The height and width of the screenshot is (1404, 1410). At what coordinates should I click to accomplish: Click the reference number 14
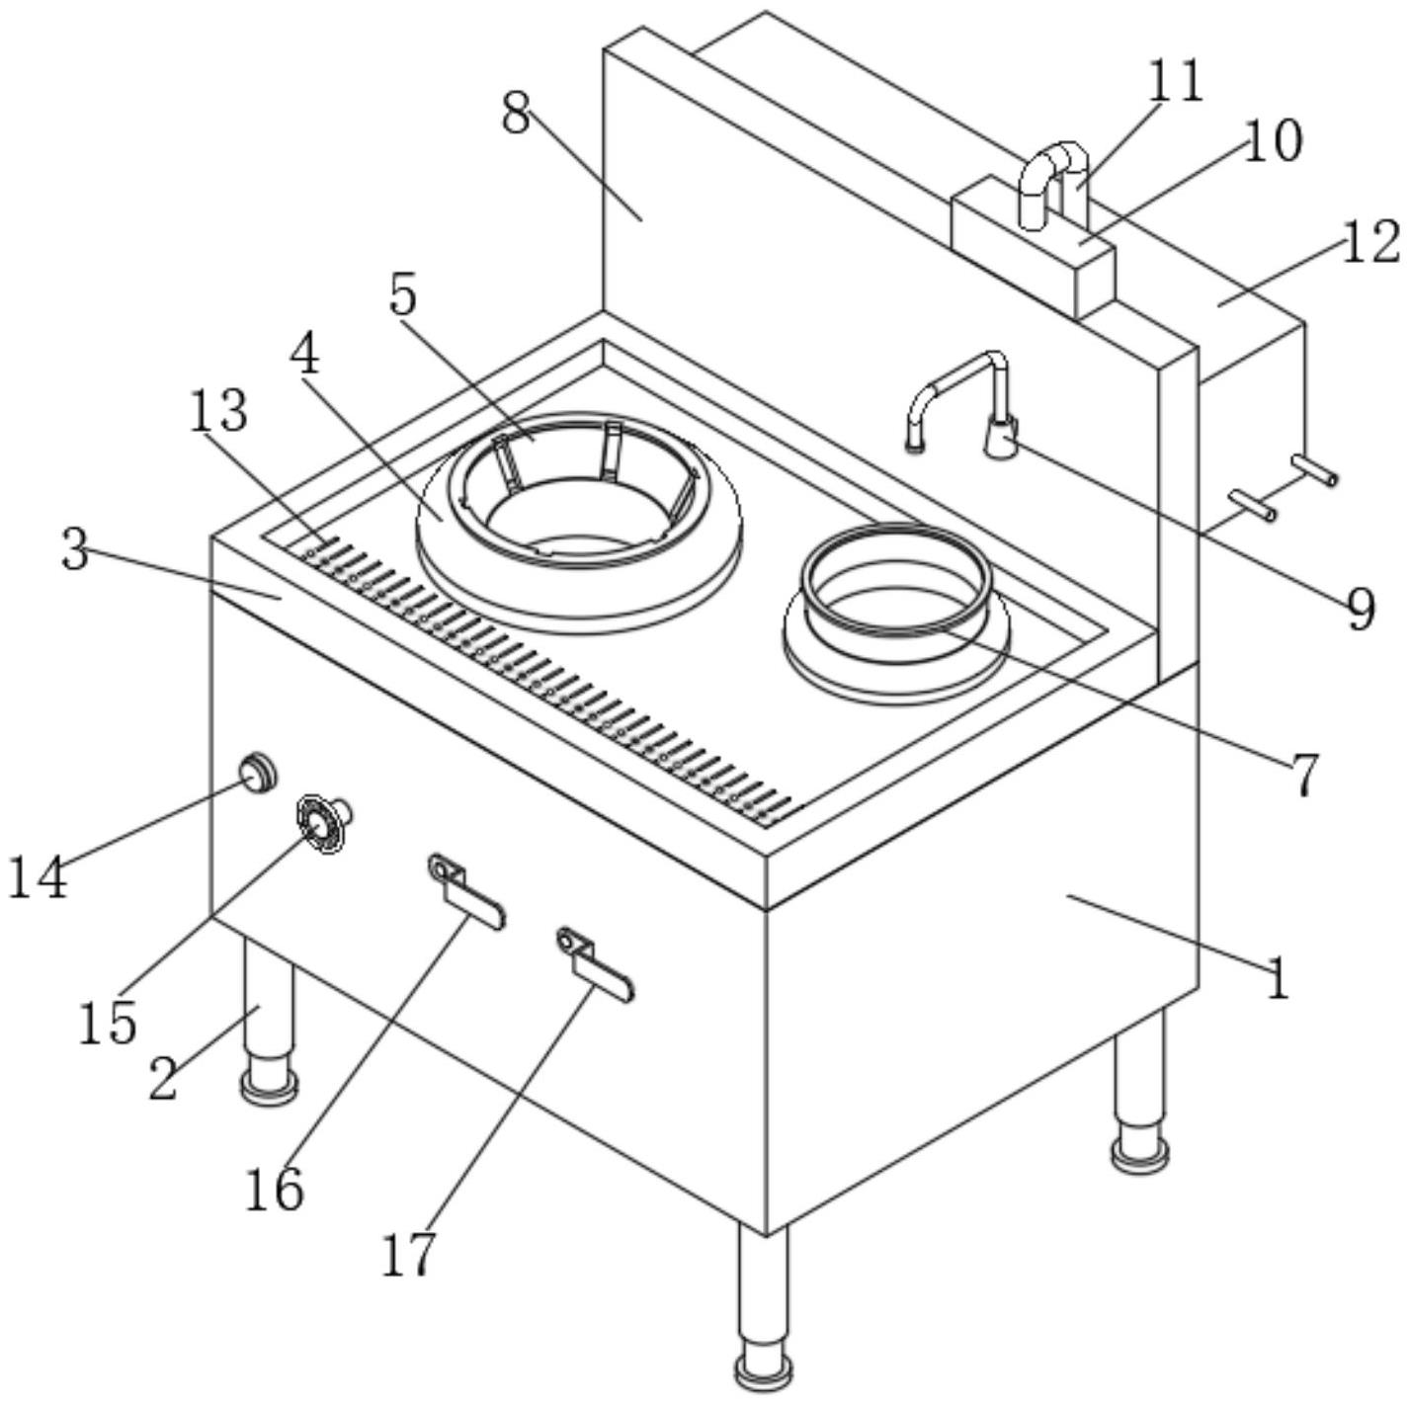pyautogui.click(x=38, y=877)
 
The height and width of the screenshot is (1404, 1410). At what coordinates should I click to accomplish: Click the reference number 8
pyautogui.click(x=516, y=116)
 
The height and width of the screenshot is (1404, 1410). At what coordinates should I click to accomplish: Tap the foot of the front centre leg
pyautogui.click(x=763, y=1370)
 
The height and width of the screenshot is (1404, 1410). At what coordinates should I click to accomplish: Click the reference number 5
pyautogui.click(x=403, y=294)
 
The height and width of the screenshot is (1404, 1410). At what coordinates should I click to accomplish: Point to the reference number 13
pyautogui.click(x=218, y=411)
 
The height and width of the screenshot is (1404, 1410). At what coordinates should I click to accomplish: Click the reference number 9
pyautogui.click(x=1362, y=609)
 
